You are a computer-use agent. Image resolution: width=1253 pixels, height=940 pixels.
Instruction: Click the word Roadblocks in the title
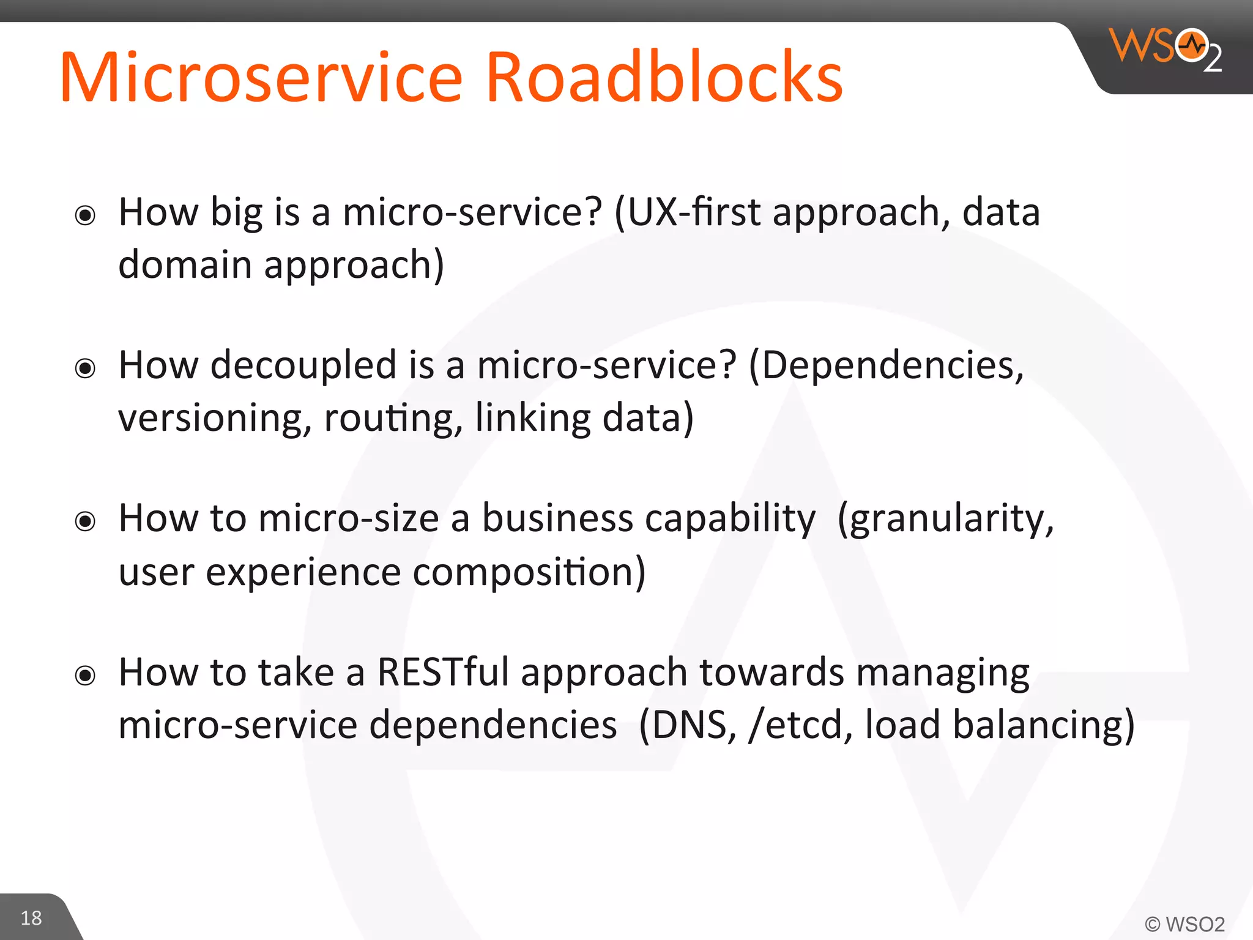(x=664, y=78)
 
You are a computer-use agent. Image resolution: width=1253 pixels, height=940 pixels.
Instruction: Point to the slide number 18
(x=31, y=918)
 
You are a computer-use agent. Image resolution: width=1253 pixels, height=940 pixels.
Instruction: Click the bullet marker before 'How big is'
(x=85, y=215)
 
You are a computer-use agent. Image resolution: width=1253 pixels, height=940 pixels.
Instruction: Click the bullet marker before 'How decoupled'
(x=85, y=368)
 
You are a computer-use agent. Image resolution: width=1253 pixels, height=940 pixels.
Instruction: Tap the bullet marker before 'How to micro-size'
(x=85, y=521)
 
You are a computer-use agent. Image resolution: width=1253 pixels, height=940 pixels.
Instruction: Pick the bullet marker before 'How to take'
(x=85, y=676)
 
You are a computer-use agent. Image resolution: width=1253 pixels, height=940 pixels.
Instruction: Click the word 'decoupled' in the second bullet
(x=303, y=365)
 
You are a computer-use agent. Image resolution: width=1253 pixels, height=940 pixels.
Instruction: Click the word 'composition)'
(x=529, y=573)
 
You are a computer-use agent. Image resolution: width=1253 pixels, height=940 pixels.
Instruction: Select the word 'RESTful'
(x=443, y=672)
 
